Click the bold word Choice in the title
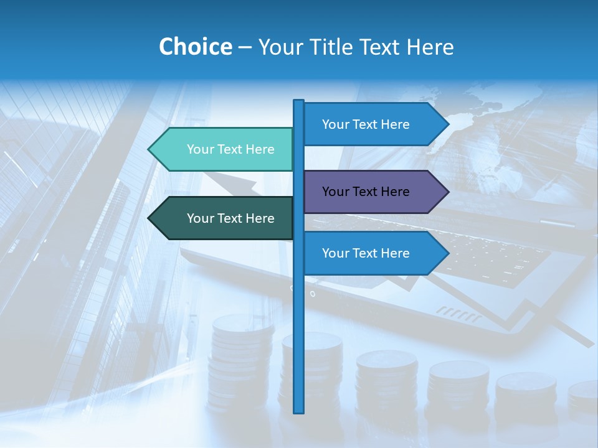195,47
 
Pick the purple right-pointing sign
371,192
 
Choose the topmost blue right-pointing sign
371,124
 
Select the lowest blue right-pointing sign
371,253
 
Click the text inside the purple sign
366,192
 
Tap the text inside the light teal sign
230,149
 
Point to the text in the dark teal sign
230,218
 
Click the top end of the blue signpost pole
298,102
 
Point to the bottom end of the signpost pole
298,411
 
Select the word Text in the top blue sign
366,124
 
